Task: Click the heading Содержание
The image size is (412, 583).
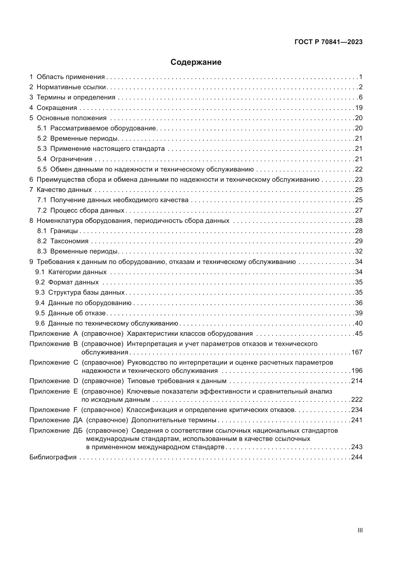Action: click(x=196, y=62)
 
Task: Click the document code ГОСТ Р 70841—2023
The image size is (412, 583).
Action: click(x=329, y=42)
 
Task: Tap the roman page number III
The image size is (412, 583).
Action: click(x=360, y=530)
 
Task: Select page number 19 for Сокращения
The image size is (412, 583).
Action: click(x=359, y=108)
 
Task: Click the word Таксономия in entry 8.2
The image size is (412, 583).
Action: click(x=69, y=241)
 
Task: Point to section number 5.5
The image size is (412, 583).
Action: click(x=42, y=169)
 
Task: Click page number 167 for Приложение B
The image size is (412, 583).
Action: click(x=357, y=352)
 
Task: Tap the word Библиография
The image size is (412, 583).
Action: click(x=53, y=457)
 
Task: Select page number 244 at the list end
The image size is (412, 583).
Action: click(x=357, y=457)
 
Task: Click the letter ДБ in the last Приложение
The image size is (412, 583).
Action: click(x=78, y=430)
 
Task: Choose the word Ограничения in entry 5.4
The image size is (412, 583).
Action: click(x=71, y=159)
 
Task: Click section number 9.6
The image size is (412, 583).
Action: click(x=40, y=323)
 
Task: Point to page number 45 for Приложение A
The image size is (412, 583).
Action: click(x=359, y=333)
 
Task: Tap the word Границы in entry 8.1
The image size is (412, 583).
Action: click(x=64, y=231)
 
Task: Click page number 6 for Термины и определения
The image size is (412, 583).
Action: click(x=360, y=97)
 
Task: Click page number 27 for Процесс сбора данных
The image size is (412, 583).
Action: click(x=359, y=210)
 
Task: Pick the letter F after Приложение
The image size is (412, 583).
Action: click(x=75, y=410)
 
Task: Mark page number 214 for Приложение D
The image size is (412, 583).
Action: click(x=357, y=381)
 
